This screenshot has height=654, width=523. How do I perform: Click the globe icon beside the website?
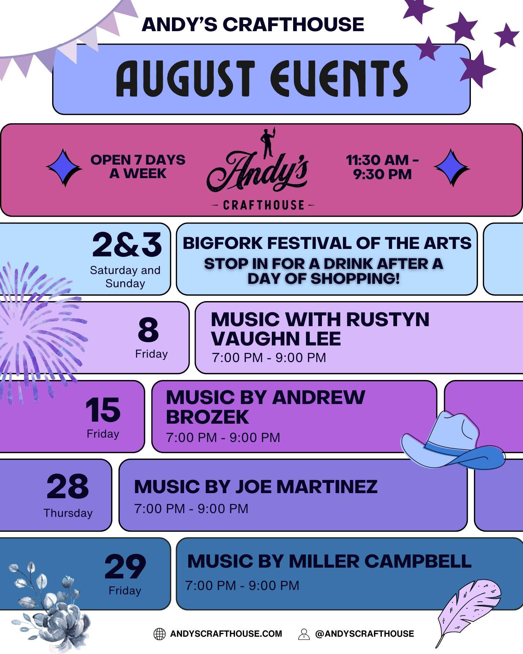tap(160, 634)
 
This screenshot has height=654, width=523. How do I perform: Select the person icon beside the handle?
tap(304, 634)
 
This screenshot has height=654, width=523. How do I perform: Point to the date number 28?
tap(68, 486)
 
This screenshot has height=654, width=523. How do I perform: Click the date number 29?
tap(125, 566)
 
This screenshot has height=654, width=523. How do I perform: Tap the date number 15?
tap(103, 410)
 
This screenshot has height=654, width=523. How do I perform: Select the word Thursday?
tap(68, 513)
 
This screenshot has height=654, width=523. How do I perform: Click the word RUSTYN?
tap(388, 319)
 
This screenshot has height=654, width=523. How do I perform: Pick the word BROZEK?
tap(208, 417)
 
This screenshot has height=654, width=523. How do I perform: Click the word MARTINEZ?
tap(327, 487)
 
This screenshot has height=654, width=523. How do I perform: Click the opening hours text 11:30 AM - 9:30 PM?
tap(383, 167)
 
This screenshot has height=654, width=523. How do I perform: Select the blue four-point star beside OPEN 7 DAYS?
tap(64, 167)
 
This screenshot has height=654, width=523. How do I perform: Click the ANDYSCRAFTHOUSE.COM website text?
tap(226, 634)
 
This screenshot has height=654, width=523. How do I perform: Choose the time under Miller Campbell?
tap(242, 586)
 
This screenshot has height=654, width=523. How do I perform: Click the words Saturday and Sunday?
tap(125, 277)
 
